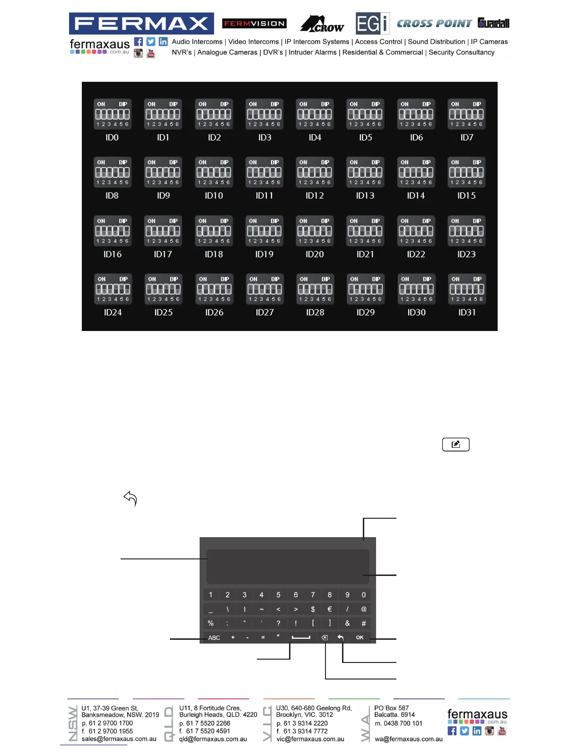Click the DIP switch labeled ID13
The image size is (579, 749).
point(365,172)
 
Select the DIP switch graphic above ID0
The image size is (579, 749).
point(112,114)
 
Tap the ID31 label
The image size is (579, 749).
point(467,312)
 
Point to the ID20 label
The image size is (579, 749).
point(315,254)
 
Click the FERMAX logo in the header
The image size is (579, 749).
point(141,23)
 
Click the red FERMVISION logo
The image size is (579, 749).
point(254,23)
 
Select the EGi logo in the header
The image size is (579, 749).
point(372,23)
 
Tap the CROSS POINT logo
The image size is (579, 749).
point(434,23)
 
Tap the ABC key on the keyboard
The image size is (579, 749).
point(214,638)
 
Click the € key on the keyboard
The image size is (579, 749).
point(330,609)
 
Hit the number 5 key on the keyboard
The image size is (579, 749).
point(279,595)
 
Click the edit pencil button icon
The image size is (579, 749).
point(456,444)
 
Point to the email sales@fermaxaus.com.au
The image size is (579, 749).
point(119,739)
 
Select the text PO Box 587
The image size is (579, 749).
point(391,708)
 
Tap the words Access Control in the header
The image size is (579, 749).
point(378,42)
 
